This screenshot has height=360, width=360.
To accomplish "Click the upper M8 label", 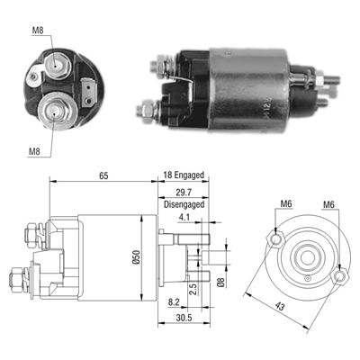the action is point(38,30).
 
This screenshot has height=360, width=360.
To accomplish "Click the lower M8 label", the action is point(34,151).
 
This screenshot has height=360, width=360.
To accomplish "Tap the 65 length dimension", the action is point(103,175).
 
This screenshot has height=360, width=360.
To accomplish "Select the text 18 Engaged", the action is point(184,175).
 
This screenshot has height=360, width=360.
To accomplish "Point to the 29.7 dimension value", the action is point(184,192).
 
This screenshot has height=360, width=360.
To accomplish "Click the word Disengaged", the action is point(184,204).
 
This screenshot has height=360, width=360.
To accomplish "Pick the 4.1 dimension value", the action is point(184,217).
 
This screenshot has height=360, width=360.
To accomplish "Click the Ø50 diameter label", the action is point(137,257).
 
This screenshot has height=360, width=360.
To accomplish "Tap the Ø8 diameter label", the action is point(220,282).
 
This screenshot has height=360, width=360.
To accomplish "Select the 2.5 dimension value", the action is point(193,289).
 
